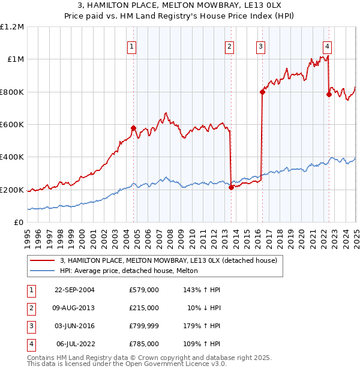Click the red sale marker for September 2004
[x=134, y=128]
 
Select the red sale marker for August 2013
[x=231, y=187]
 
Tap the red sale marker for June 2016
[x=262, y=92]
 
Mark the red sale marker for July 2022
[x=329, y=94]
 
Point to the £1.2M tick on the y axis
[x=12, y=27]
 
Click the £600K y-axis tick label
[x=12, y=125]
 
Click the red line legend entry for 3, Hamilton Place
[x=168, y=261]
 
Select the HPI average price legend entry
[x=133, y=271]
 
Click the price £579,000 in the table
[x=143, y=290]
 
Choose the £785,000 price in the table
[x=143, y=344]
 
